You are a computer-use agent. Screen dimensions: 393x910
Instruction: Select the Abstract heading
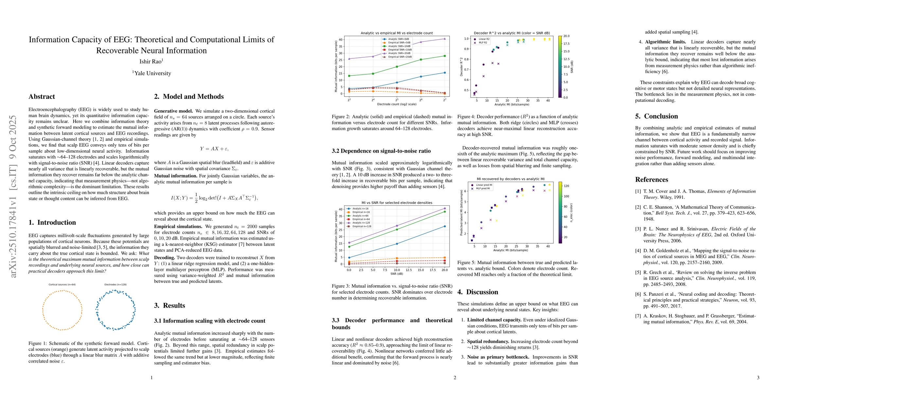pos(42,97)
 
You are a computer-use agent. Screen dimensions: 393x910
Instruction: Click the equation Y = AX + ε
pos(214,149)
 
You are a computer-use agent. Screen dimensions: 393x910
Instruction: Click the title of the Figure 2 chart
pos(396,33)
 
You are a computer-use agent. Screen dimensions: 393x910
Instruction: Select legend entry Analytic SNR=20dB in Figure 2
pos(399,53)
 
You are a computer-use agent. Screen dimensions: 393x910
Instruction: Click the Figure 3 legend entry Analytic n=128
pos(361,223)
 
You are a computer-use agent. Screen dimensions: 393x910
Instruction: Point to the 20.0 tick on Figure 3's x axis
pos(444,270)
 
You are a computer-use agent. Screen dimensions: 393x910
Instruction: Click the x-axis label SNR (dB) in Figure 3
pos(396,273)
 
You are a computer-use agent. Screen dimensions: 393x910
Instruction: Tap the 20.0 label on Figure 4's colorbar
pos(566,36)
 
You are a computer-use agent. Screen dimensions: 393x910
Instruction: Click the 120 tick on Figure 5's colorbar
pos(566,186)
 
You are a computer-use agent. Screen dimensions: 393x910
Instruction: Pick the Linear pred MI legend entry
pos(484,185)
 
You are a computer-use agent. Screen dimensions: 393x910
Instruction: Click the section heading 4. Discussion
pos(478,292)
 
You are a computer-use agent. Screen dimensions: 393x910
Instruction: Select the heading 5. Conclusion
pos(656,116)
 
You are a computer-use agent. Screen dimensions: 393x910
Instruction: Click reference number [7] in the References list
pos(638,316)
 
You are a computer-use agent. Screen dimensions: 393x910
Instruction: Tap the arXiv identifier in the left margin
pos(13,196)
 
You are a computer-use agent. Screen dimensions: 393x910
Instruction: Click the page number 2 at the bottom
pos(455,378)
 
